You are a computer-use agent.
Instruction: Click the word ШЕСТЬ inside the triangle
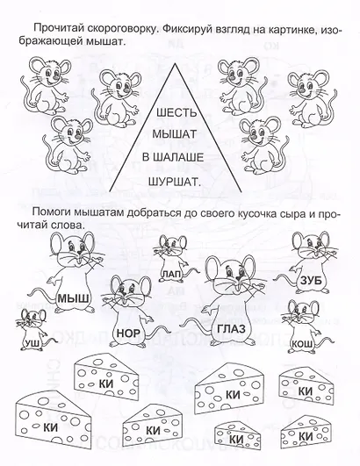tap(176, 113)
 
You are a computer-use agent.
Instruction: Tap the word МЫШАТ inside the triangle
tap(175, 134)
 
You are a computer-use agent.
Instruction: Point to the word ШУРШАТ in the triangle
tap(175, 181)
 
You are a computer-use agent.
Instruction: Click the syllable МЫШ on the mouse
tap(73, 298)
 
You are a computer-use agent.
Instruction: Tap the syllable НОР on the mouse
tap(128, 333)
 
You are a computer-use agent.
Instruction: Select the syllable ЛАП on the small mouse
tap(171, 275)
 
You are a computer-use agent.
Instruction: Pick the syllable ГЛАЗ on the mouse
tap(231, 329)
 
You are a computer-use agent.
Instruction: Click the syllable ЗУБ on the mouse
tap(311, 281)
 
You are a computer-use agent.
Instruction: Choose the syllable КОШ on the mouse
tap(303, 344)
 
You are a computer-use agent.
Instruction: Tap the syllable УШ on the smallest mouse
tap(32, 343)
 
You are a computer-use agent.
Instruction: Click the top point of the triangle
tap(176, 63)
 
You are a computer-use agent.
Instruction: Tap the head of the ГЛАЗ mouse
tap(233, 274)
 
